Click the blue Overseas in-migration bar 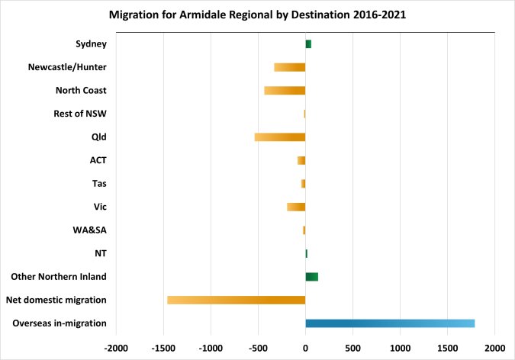click(x=390, y=323)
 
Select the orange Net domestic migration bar click(x=237, y=300)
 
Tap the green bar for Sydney click(x=308, y=44)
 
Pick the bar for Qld click(x=280, y=137)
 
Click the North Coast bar click(x=285, y=90)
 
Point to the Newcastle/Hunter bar click(x=290, y=67)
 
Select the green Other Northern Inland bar click(x=312, y=277)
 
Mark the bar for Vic click(x=296, y=207)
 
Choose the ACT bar click(x=301, y=160)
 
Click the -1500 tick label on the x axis click(x=163, y=349)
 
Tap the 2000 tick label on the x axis click(x=495, y=349)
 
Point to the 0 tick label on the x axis click(x=305, y=349)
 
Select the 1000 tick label click(x=400, y=349)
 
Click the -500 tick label click(x=258, y=349)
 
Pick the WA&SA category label click(x=90, y=230)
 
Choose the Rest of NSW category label click(x=80, y=114)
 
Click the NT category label click(x=101, y=253)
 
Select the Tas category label click(x=99, y=183)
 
